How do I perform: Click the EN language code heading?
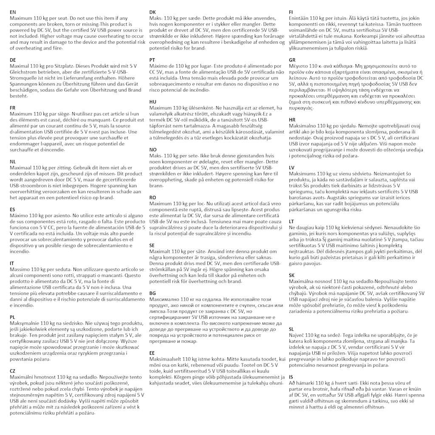coord(13,12)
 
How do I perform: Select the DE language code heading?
coord(13,60)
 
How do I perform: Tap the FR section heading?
coord(13,108)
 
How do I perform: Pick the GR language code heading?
coord(292,60)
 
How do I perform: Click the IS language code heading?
coord(291,377)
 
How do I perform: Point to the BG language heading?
coord(153,294)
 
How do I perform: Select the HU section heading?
coord(153,102)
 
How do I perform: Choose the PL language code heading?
coord(12,317)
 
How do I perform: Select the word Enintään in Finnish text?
coord(299,18)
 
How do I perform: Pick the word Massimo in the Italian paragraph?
coord(19,270)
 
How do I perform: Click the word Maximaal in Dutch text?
coord(20,168)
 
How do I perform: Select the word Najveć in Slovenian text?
coord(297,335)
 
